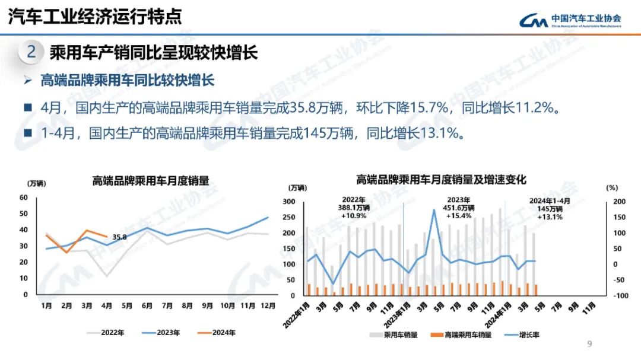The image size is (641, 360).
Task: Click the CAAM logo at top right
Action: point(570,21)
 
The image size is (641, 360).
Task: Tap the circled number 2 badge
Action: point(31,52)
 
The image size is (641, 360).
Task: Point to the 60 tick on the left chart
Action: point(24,197)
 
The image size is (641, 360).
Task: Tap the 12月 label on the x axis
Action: point(268,306)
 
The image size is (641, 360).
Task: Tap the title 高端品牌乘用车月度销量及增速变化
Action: point(441,179)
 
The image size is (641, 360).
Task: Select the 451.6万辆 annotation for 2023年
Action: point(459,208)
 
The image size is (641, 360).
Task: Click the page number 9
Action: point(589,344)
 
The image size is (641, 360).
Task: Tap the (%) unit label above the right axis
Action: point(612,187)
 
